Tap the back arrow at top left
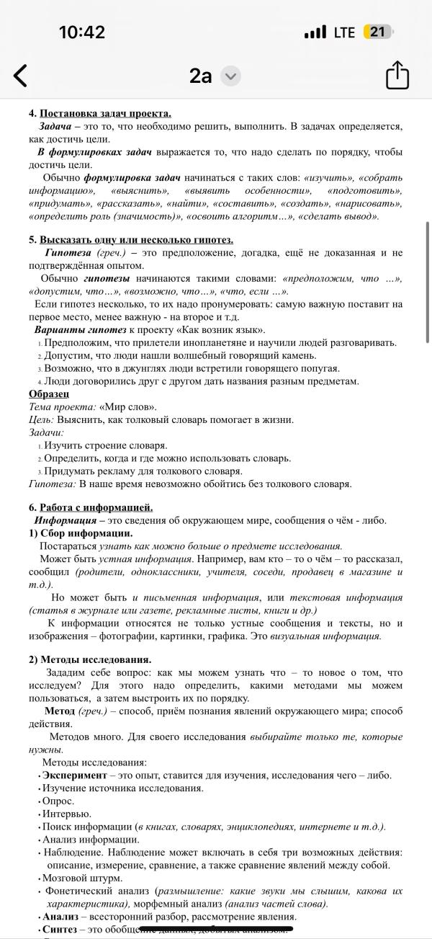pos(21,75)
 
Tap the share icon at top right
pos(397,75)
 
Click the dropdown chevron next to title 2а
pos(230,76)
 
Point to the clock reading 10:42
pos(81,32)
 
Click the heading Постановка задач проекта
pos(105,114)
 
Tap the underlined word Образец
pos(49,393)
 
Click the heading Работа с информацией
pos(96,507)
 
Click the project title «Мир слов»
pos(127,406)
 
